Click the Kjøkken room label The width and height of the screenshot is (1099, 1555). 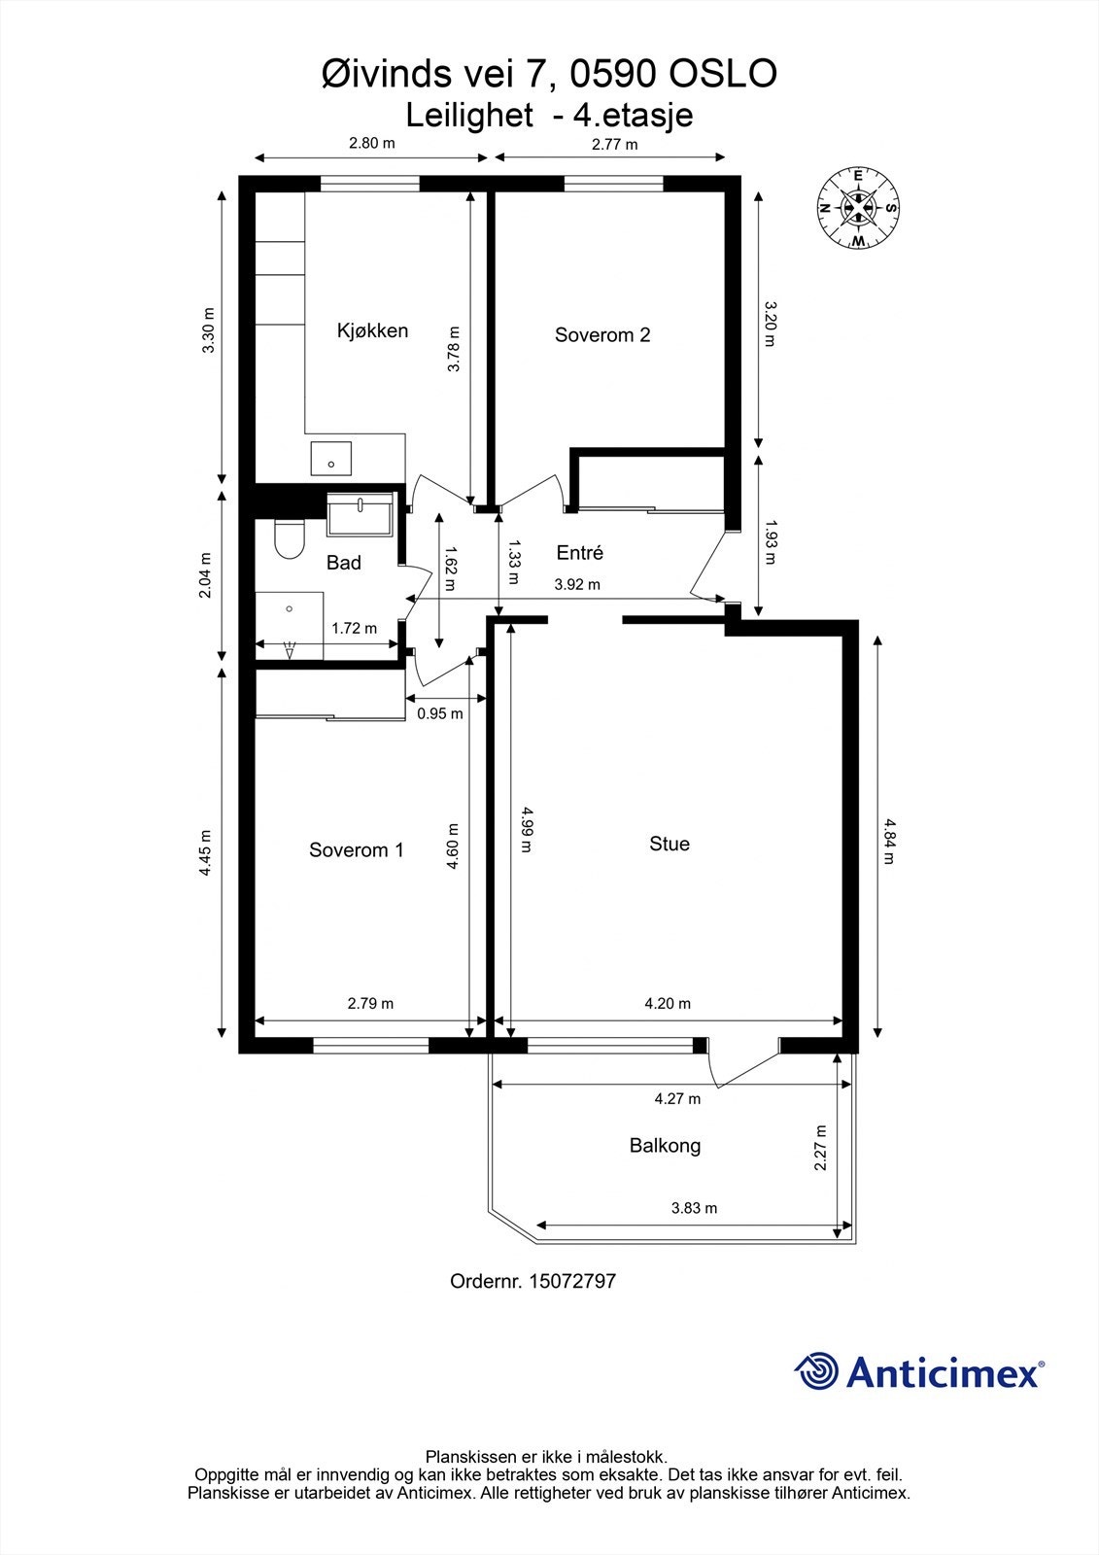coord(372,330)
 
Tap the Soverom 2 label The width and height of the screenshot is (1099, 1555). coord(602,335)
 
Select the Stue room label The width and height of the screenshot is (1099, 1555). coord(670,844)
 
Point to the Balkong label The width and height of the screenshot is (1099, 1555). coord(665,1146)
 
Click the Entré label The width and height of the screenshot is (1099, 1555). coord(579,553)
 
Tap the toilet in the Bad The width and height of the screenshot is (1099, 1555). coord(289,539)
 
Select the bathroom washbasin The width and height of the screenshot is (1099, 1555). coord(361,512)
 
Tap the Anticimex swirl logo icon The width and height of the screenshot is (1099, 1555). coord(816,1372)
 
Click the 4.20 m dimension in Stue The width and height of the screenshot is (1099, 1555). coord(668,1004)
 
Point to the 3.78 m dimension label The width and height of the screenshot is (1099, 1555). coord(453,349)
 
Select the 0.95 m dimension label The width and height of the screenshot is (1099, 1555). coord(439,713)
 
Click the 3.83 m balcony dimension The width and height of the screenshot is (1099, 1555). coord(694,1209)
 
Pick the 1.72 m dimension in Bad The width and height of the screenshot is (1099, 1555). coord(354,629)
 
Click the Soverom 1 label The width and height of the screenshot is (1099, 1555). coord(356,850)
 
